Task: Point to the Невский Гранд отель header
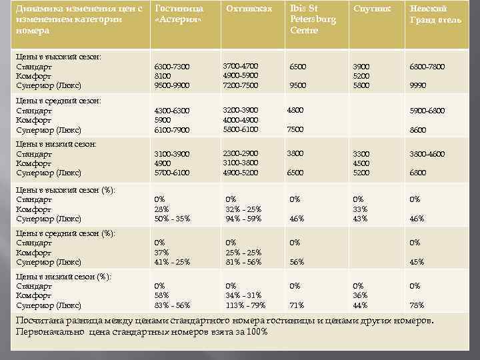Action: (435, 15)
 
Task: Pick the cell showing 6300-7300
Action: (171, 67)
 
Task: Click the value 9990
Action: (418, 86)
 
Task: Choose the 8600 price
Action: (418, 129)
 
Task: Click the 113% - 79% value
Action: (246, 305)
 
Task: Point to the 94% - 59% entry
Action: (244, 219)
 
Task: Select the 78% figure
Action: (417, 305)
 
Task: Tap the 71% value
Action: (297, 305)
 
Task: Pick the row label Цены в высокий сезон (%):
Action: (65, 190)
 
